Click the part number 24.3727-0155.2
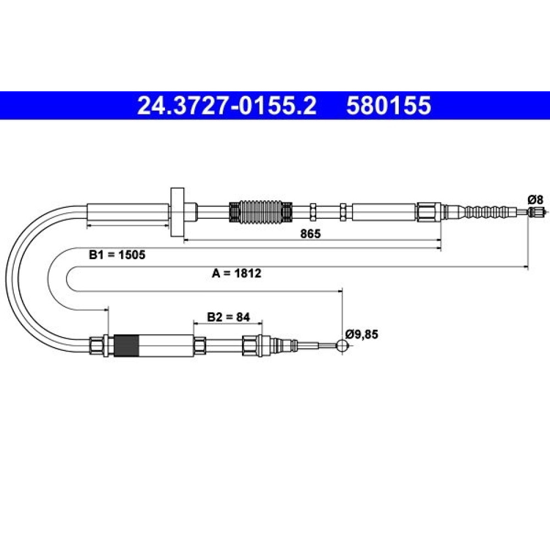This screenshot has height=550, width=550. [x=227, y=106]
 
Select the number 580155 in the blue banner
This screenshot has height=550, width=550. [x=389, y=106]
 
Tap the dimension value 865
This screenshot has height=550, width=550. [x=310, y=233]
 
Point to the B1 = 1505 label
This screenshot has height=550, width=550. [x=117, y=255]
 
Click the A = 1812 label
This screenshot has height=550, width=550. [x=237, y=273]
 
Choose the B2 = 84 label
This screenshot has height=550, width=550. [x=228, y=317]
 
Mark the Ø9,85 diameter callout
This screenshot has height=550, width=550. [x=362, y=334]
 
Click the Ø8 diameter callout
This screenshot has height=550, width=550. [x=535, y=200]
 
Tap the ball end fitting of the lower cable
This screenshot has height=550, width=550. [x=342, y=345]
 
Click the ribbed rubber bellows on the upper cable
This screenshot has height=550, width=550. [x=261, y=212]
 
